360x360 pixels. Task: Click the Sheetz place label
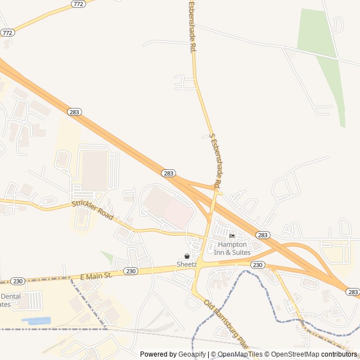[187, 264]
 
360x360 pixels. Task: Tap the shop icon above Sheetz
[187, 256]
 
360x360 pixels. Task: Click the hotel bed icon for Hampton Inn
[232, 236]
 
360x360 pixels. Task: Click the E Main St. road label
[96, 276]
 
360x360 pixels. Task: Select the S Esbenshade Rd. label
[215, 161]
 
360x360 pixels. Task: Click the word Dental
[11, 296]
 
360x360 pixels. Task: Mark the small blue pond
[36, 321]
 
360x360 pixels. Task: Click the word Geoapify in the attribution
[192, 354]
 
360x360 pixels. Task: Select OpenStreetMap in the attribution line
[295, 354]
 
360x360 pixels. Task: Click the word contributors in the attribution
[339, 354]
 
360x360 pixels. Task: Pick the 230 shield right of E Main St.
[131, 271]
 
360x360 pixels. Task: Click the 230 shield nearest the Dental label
[17, 281]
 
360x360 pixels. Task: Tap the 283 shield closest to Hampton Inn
[262, 235]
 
